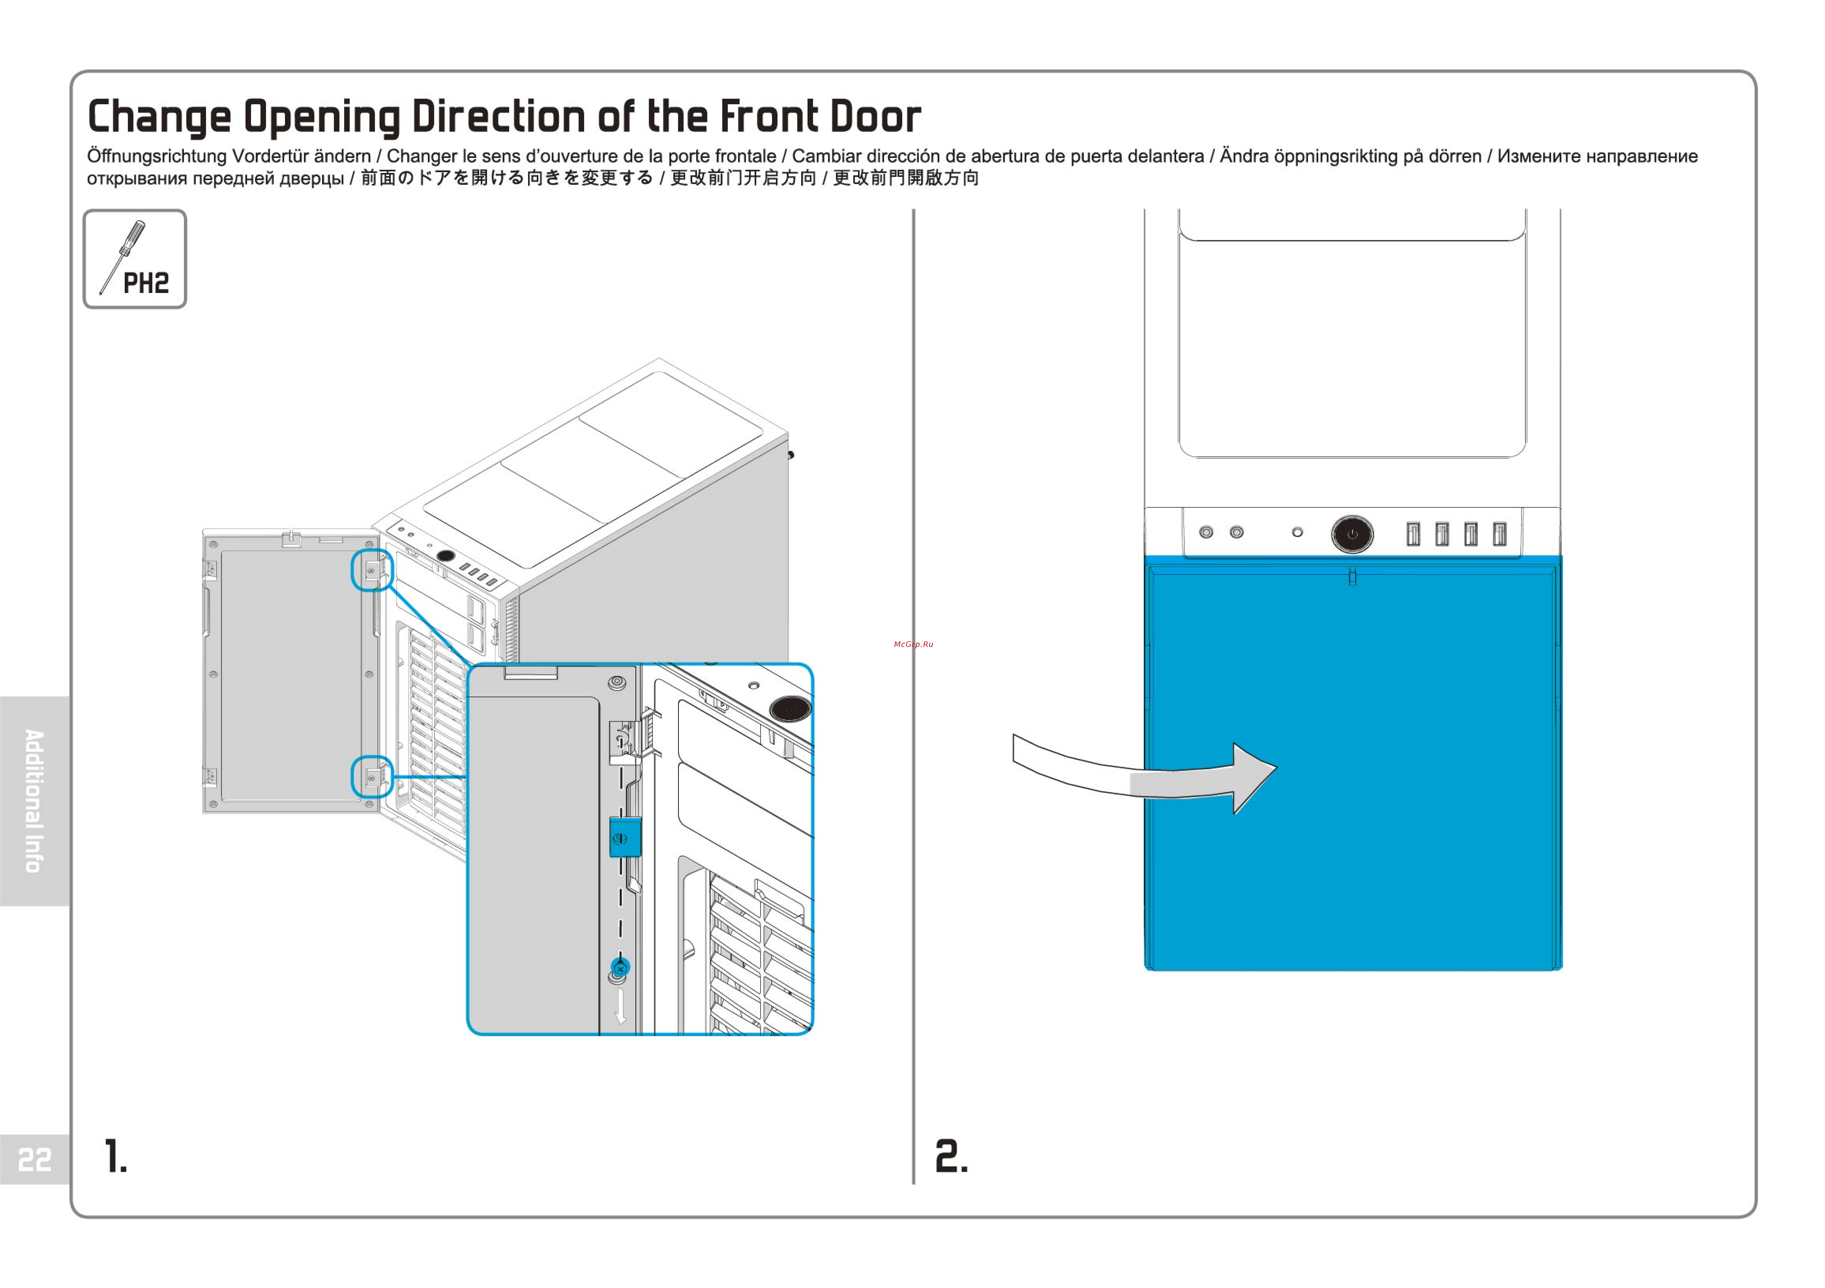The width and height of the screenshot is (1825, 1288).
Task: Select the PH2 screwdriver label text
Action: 146,283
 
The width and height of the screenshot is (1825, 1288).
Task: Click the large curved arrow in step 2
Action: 1145,775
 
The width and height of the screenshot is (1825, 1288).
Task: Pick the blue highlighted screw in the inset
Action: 621,968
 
